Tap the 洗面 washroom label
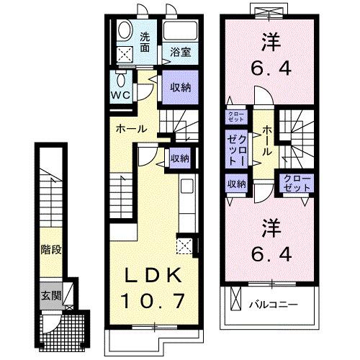[x=145, y=42]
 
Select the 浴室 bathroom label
[x=180, y=52]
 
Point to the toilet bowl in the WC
[x=120, y=78]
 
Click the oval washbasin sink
[x=124, y=31]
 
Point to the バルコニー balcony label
[x=274, y=305]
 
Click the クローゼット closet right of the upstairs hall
[x=297, y=183]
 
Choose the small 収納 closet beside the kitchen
[x=179, y=158]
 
